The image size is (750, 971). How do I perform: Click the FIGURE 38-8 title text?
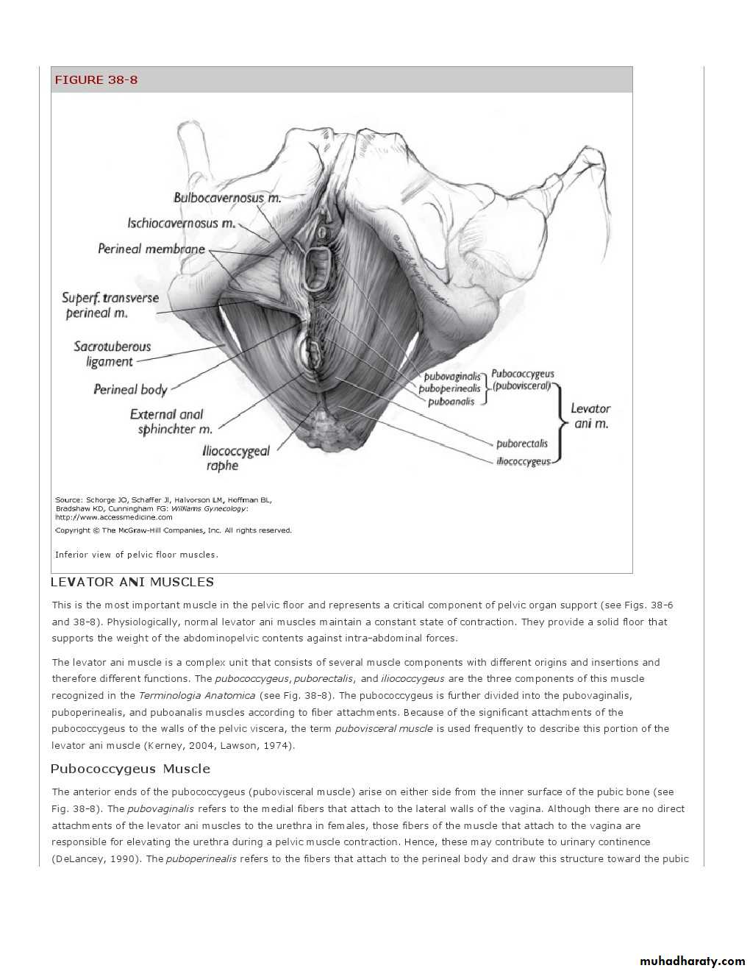point(96,80)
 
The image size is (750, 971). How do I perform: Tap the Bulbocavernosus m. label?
point(227,198)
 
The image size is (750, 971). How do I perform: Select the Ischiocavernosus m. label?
point(182,224)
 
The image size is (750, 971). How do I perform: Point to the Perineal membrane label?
point(151,249)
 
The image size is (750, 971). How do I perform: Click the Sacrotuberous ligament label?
point(112,354)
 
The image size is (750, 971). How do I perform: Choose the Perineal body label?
point(130,390)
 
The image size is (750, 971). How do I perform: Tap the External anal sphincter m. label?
point(171,422)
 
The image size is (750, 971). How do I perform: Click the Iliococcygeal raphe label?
point(235,458)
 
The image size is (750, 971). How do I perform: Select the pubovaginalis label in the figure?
point(452,377)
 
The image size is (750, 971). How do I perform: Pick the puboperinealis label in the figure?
point(450,389)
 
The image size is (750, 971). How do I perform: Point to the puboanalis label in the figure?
point(451,402)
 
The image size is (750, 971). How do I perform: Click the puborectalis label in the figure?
point(522,444)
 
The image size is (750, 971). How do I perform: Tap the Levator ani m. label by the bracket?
point(591,416)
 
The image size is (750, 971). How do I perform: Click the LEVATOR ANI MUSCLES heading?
point(132,582)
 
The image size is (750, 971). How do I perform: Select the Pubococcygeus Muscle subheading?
point(130,769)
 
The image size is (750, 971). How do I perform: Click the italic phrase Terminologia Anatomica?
point(197,695)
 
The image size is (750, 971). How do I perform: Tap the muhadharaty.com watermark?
point(692,961)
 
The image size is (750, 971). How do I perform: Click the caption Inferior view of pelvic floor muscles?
point(137,555)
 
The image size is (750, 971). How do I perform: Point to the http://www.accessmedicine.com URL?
point(114,517)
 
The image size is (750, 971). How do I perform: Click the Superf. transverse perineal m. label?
point(110,306)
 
